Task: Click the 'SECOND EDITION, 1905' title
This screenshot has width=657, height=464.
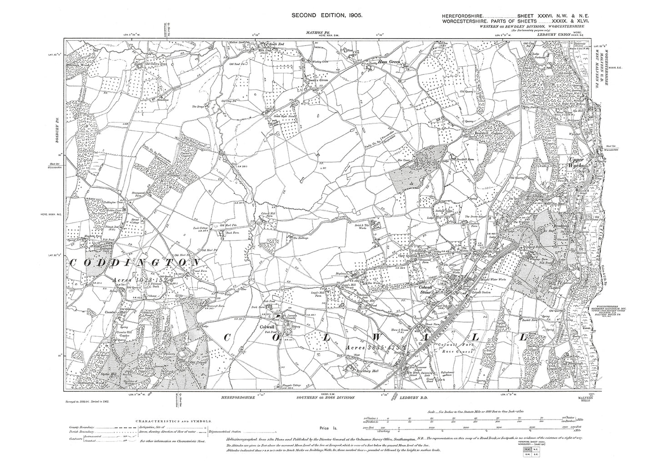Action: click(326, 15)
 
